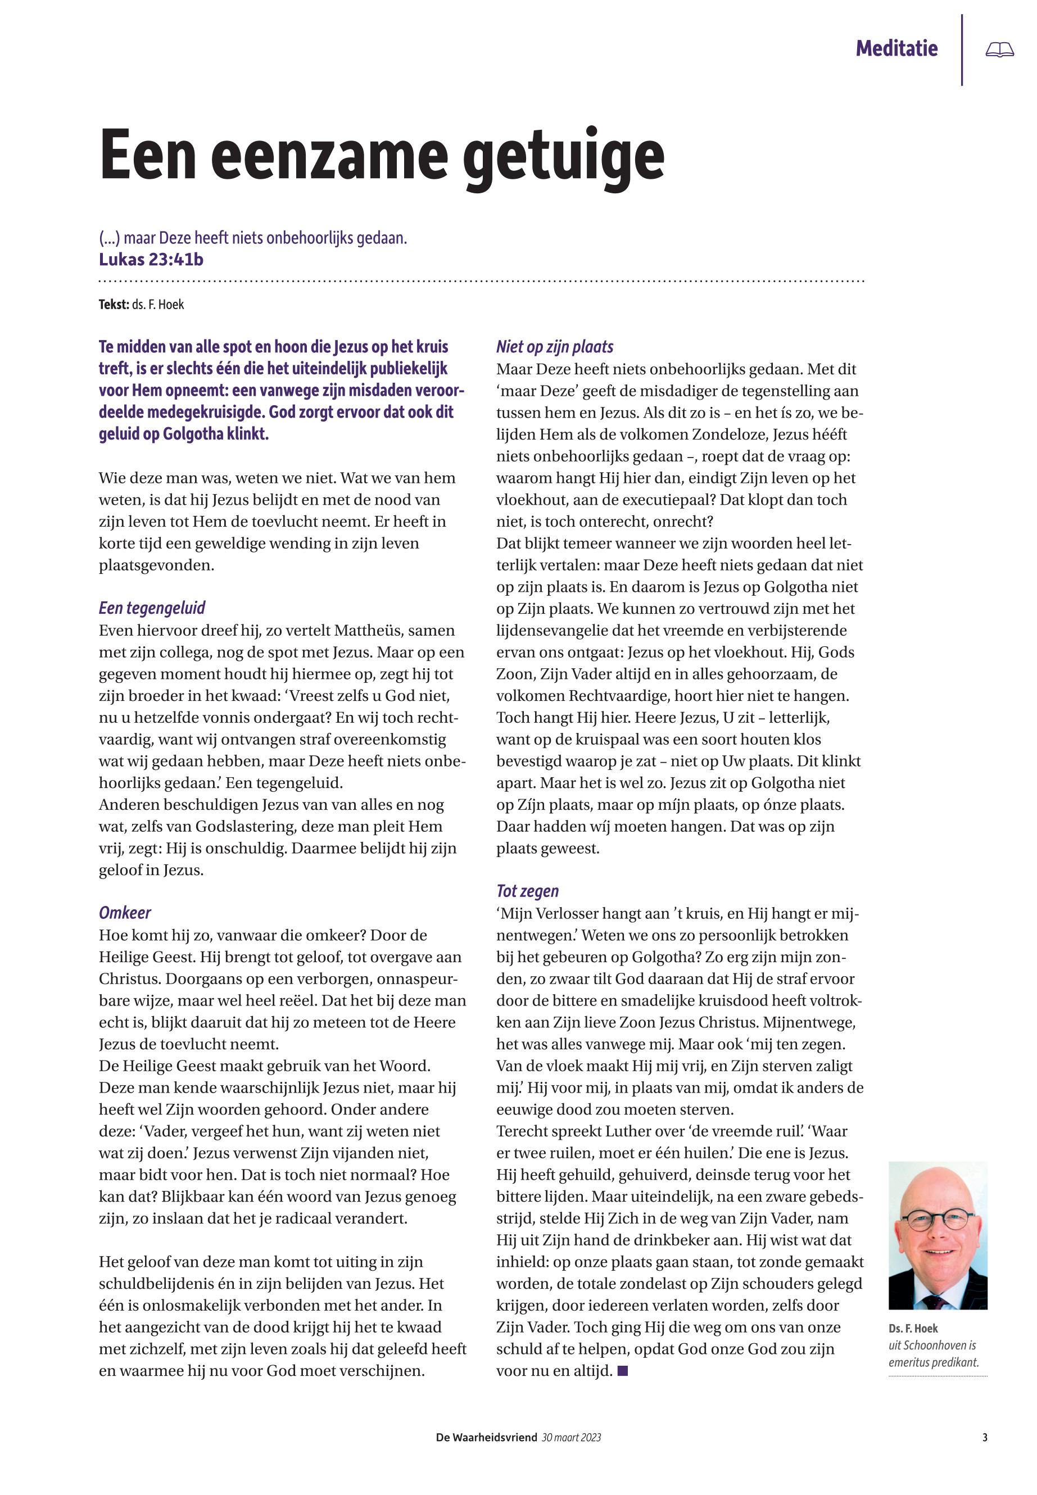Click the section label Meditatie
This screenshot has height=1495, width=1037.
click(896, 49)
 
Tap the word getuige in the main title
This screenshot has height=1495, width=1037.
click(565, 158)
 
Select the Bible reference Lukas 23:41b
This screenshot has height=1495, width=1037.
click(151, 260)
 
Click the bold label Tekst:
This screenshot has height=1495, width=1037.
click(113, 305)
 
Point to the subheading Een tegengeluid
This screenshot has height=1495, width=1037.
click(152, 608)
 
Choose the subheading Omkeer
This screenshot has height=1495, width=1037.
click(125, 913)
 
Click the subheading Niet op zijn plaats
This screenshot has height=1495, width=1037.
click(554, 347)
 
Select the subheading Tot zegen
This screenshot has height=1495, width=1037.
click(527, 891)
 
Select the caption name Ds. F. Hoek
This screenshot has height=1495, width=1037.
click(913, 1328)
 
